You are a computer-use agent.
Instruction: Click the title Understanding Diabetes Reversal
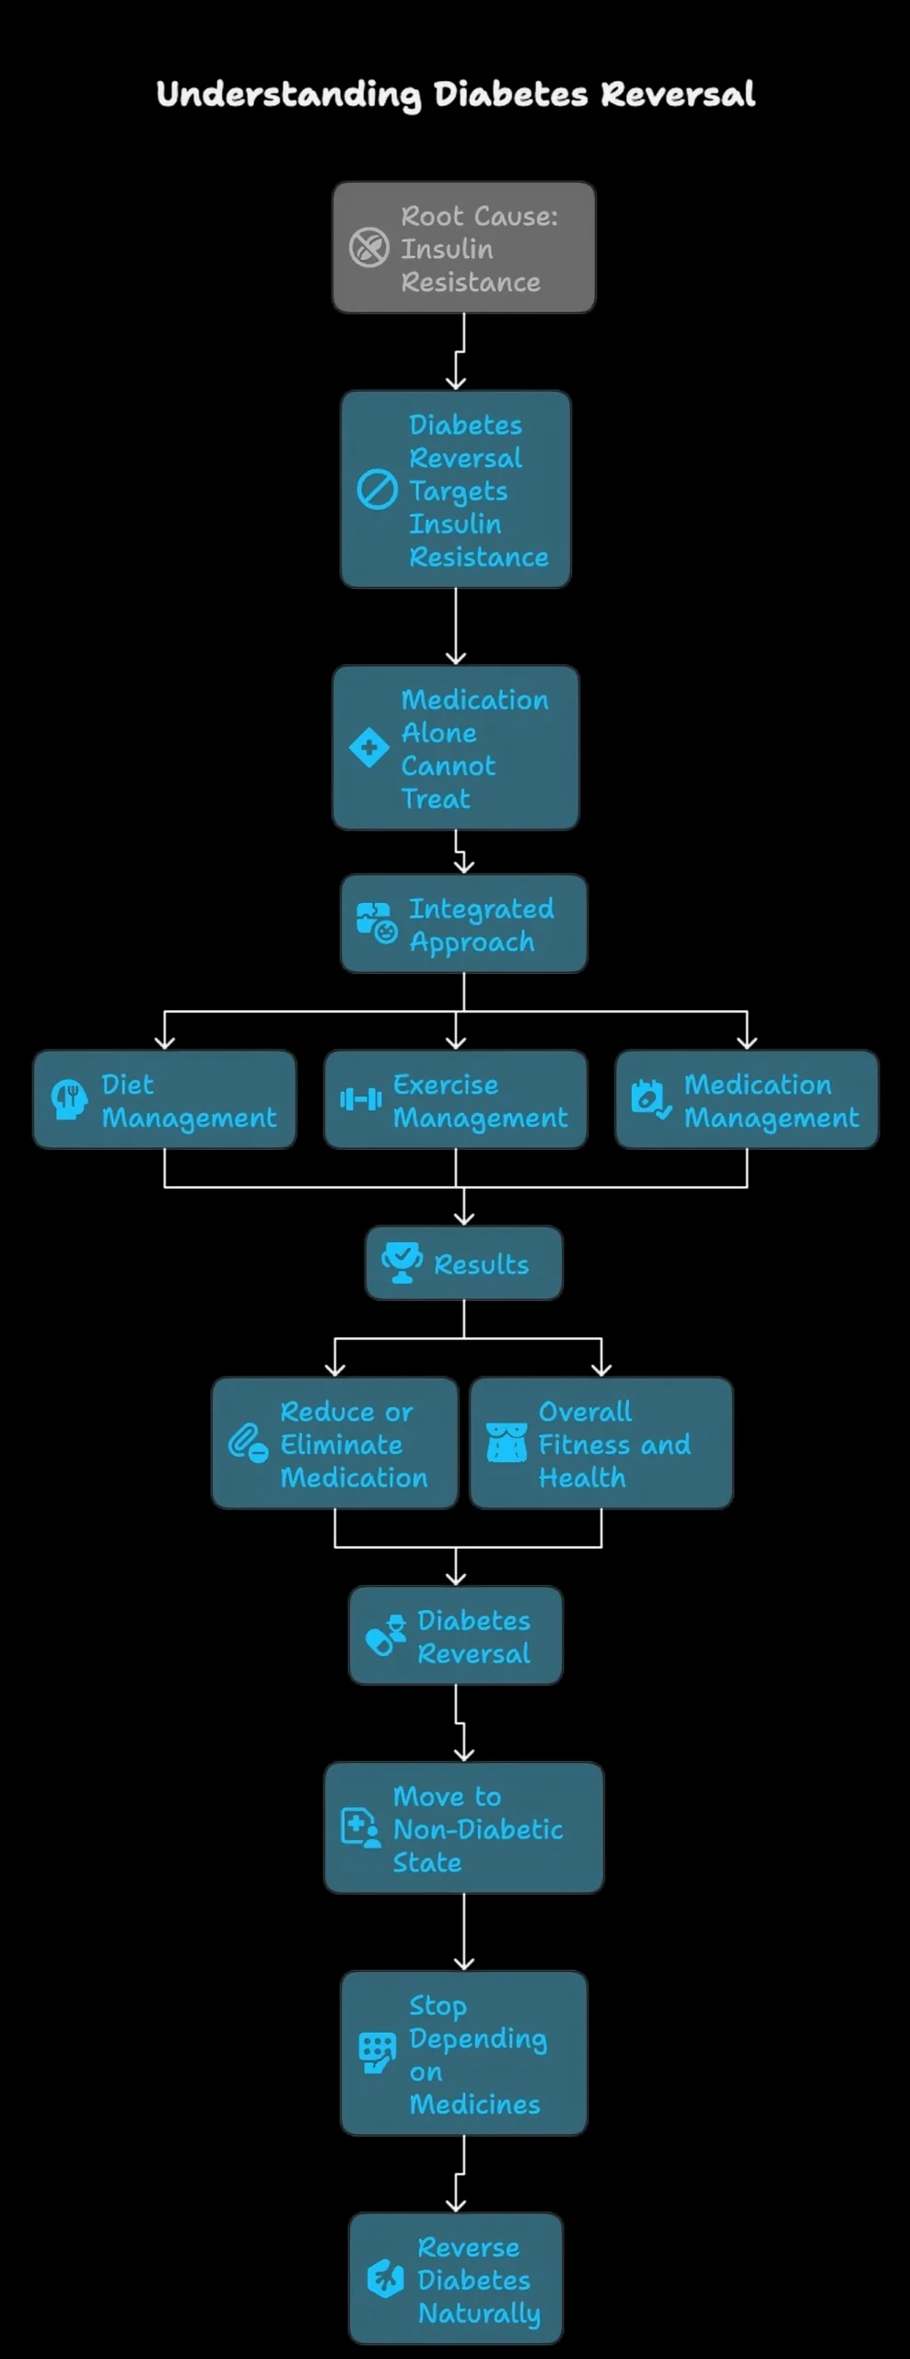point(455,94)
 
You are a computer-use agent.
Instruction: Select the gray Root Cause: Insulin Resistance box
point(463,247)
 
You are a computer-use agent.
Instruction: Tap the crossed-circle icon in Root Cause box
point(368,248)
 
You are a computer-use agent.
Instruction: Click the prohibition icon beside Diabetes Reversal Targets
point(377,489)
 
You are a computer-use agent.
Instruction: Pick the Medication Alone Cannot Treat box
point(455,747)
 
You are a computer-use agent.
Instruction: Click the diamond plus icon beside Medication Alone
point(368,747)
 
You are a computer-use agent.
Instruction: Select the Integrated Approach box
point(463,923)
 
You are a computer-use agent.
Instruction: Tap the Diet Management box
point(164,1099)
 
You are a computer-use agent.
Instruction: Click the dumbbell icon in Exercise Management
point(360,1099)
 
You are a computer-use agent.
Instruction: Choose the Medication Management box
point(746,1099)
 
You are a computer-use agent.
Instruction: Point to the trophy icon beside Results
point(402,1262)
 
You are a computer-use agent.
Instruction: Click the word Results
point(481,1264)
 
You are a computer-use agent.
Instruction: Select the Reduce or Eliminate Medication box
point(334,1443)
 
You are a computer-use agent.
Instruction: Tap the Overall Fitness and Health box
point(601,1443)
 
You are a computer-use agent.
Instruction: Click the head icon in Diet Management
point(69,1099)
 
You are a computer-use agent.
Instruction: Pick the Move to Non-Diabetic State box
point(463,1828)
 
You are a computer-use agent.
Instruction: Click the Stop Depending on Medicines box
point(463,2053)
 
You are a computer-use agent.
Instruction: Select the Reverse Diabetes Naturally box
point(455,2278)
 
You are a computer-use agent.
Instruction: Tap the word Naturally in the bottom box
point(479,2313)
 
